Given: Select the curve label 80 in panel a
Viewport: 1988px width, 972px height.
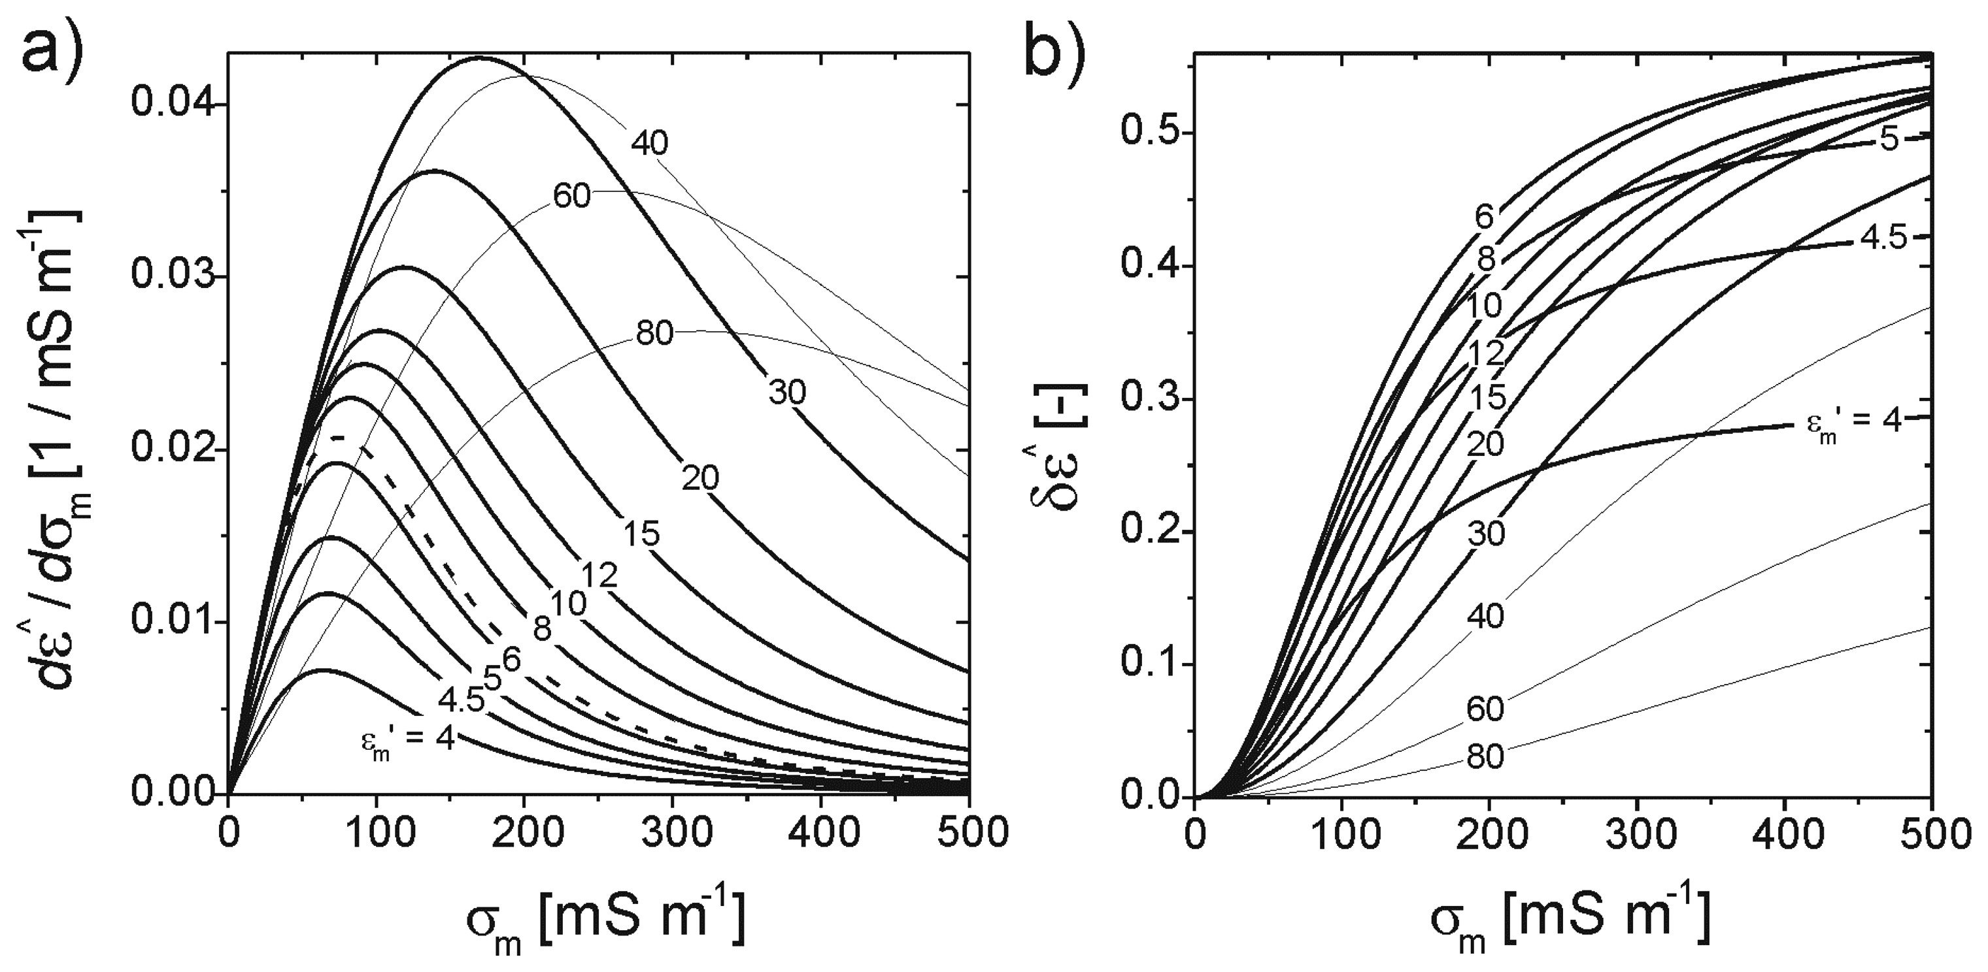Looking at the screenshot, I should coord(654,333).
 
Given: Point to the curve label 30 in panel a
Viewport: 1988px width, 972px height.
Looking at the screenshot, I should coord(786,393).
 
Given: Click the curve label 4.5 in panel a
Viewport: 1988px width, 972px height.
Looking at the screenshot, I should coord(461,700).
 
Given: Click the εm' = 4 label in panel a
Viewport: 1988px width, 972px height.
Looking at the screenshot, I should coord(407,741).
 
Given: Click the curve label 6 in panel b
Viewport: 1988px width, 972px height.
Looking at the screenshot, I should coord(1484,218).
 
